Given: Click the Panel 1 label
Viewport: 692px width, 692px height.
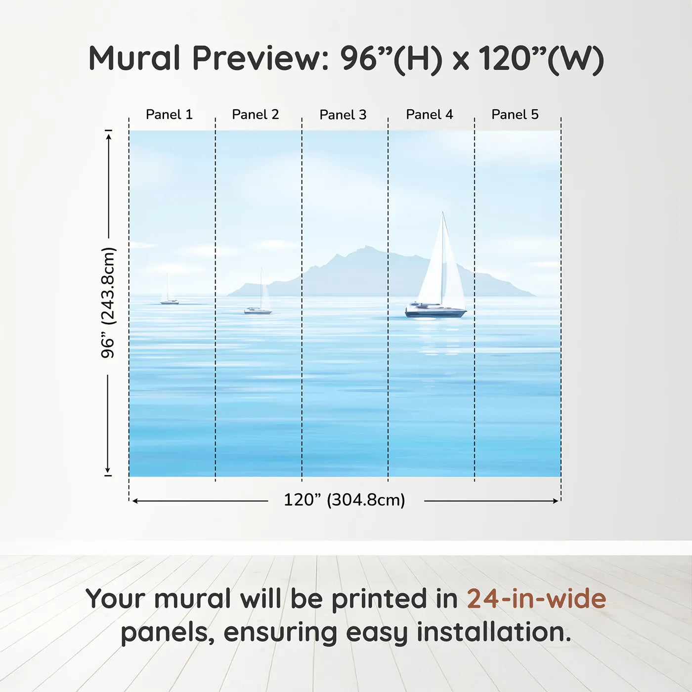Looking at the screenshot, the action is [x=169, y=115].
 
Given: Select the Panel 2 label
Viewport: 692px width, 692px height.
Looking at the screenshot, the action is [x=256, y=115].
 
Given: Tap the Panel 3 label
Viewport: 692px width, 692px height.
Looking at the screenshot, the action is [x=343, y=115].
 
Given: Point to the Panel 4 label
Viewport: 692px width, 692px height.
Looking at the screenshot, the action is [x=430, y=115].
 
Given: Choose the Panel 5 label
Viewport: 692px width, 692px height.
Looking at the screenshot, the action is [x=515, y=115].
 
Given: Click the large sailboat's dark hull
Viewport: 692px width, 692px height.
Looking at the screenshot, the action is [x=435, y=313].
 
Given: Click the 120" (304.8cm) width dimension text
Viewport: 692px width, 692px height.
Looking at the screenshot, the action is [x=345, y=500].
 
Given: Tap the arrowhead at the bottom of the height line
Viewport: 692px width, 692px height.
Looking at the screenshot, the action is [x=107, y=471].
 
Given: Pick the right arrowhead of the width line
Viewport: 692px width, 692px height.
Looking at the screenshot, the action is [x=555, y=501].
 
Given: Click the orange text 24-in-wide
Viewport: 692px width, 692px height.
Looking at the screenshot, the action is [x=536, y=599].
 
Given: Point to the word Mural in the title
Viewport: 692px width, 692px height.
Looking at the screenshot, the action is [x=134, y=58].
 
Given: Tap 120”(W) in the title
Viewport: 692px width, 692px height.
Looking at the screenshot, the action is [x=542, y=59].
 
